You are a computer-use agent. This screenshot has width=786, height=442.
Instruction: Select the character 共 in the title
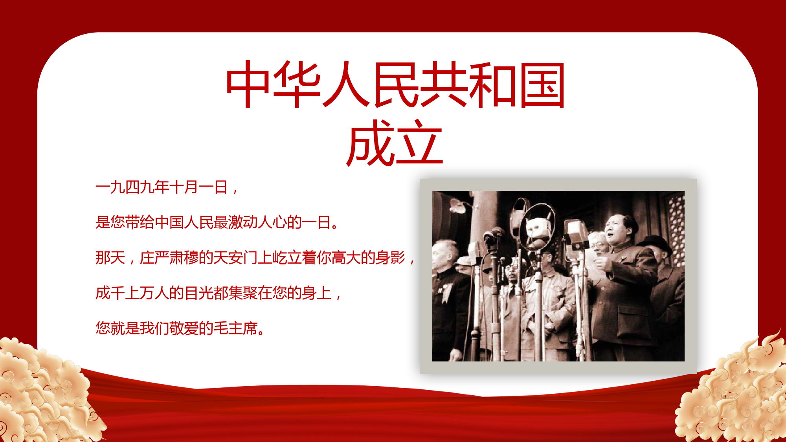point(443,84)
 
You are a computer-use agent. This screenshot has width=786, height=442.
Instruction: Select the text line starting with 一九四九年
point(167,187)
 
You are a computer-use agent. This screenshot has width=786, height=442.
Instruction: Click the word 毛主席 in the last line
point(235,328)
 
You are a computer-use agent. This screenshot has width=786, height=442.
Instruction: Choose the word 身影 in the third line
point(390,258)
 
